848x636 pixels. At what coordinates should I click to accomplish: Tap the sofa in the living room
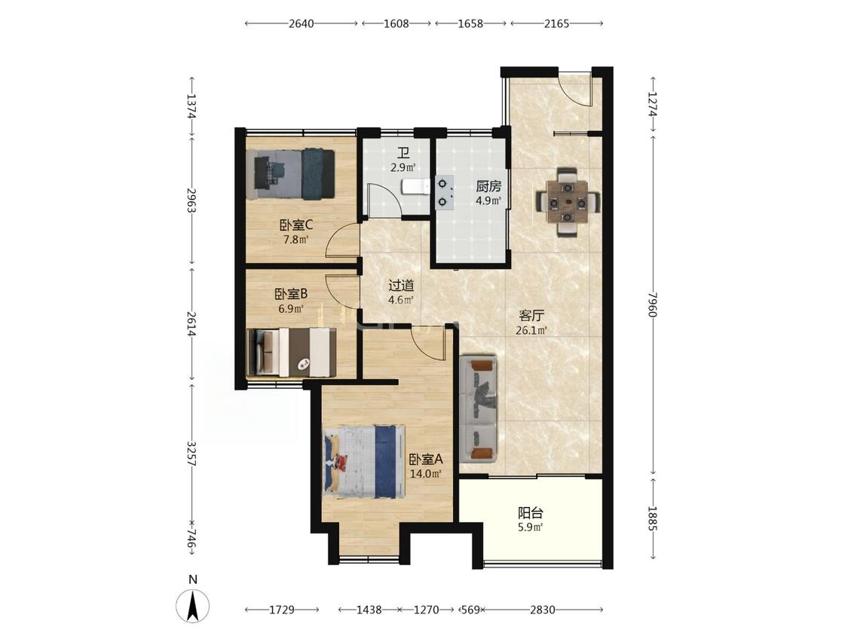point(478,409)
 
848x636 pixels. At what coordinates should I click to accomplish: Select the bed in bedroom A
point(365,461)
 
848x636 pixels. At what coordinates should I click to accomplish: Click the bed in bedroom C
point(290,173)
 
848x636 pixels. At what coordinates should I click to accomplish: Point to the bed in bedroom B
point(292,352)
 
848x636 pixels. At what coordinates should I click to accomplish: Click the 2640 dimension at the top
point(302,23)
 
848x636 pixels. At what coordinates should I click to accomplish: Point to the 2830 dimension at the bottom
point(542,610)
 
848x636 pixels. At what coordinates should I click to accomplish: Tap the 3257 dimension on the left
point(191,454)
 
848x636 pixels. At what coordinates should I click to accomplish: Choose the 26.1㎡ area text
point(531,331)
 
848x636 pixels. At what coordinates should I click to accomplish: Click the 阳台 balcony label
point(530,512)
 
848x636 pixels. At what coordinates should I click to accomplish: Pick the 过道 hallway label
point(401,285)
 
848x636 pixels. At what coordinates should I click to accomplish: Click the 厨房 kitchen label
point(488,187)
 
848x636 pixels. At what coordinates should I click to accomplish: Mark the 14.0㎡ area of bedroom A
point(426,474)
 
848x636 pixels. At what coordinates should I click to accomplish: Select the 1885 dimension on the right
point(653,518)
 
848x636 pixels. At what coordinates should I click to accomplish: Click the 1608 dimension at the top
point(396,23)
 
